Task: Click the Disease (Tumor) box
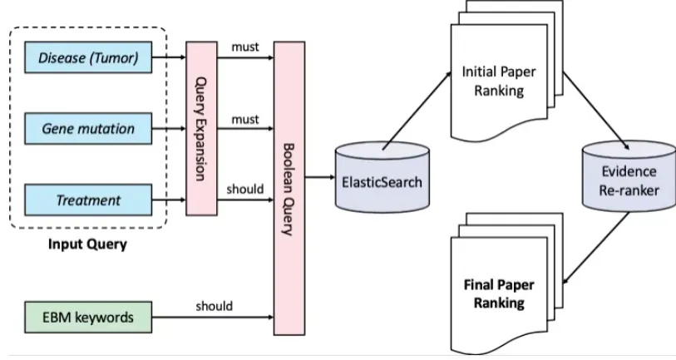click(x=88, y=57)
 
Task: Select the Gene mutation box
click(x=88, y=129)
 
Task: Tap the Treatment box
click(x=88, y=200)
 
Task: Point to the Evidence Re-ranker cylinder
click(x=629, y=180)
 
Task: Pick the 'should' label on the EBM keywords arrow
click(x=214, y=306)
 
